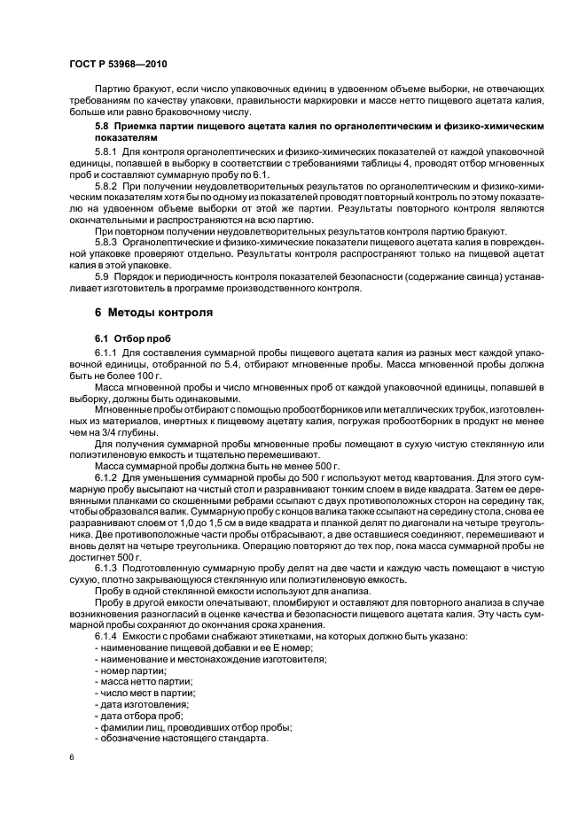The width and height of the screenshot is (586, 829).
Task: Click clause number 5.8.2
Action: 107,189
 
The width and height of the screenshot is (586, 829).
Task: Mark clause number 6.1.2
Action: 107,477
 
